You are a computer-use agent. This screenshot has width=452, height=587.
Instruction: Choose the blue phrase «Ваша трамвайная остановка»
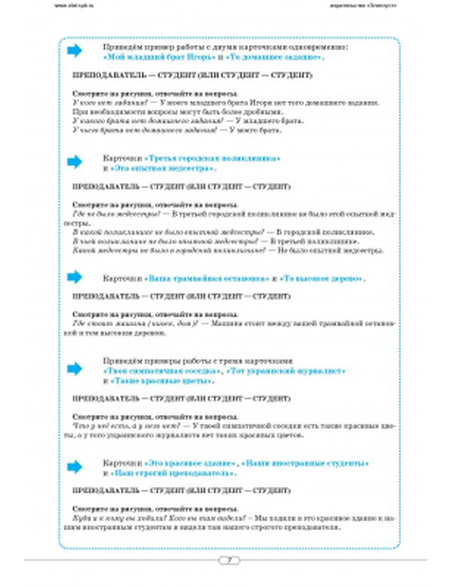[207, 279]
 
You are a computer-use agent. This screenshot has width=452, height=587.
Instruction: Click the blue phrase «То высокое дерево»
[321, 279]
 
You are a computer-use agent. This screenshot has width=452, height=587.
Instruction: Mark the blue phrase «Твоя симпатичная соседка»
[162, 371]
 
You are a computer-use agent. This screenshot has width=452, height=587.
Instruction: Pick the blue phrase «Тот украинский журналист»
[286, 371]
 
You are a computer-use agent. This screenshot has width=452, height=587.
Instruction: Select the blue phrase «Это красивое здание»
[190, 464]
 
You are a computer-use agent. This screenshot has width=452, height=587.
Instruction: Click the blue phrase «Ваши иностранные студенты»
[306, 464]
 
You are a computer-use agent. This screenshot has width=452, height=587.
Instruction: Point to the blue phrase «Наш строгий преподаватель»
[173, 474]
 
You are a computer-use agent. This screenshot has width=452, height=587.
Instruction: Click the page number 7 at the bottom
[229, 561]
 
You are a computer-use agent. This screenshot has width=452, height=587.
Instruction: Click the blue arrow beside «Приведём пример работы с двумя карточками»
[75, 51]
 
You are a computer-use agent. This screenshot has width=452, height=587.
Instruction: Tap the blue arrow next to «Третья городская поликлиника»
[75, 162]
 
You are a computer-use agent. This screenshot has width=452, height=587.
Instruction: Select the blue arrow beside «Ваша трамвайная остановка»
[75, 277]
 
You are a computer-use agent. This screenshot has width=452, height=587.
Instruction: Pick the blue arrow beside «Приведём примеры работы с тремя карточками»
[75, 369]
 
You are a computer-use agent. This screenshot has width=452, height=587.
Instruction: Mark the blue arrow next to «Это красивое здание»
[75, 467]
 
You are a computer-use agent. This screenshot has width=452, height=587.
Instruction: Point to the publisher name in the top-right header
[363, 6]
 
